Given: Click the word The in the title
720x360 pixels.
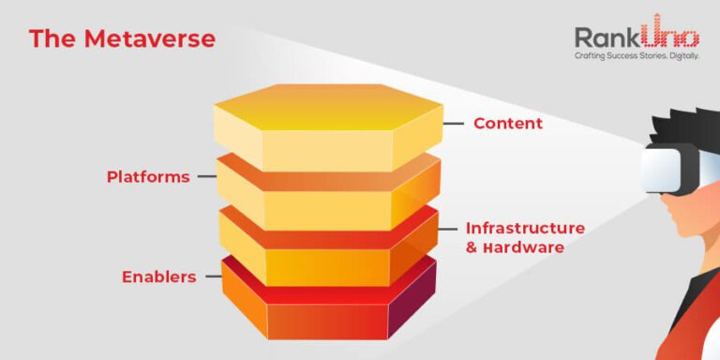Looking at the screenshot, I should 52,38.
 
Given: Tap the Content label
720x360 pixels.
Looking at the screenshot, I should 507,123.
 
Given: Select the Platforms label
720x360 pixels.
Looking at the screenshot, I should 148,176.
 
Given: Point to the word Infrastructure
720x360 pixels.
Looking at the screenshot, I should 525,228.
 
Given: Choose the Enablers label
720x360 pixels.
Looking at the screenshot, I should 159,277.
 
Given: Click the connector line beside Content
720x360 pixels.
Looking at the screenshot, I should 454,123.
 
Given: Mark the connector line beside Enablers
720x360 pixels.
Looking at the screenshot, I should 212,277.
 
